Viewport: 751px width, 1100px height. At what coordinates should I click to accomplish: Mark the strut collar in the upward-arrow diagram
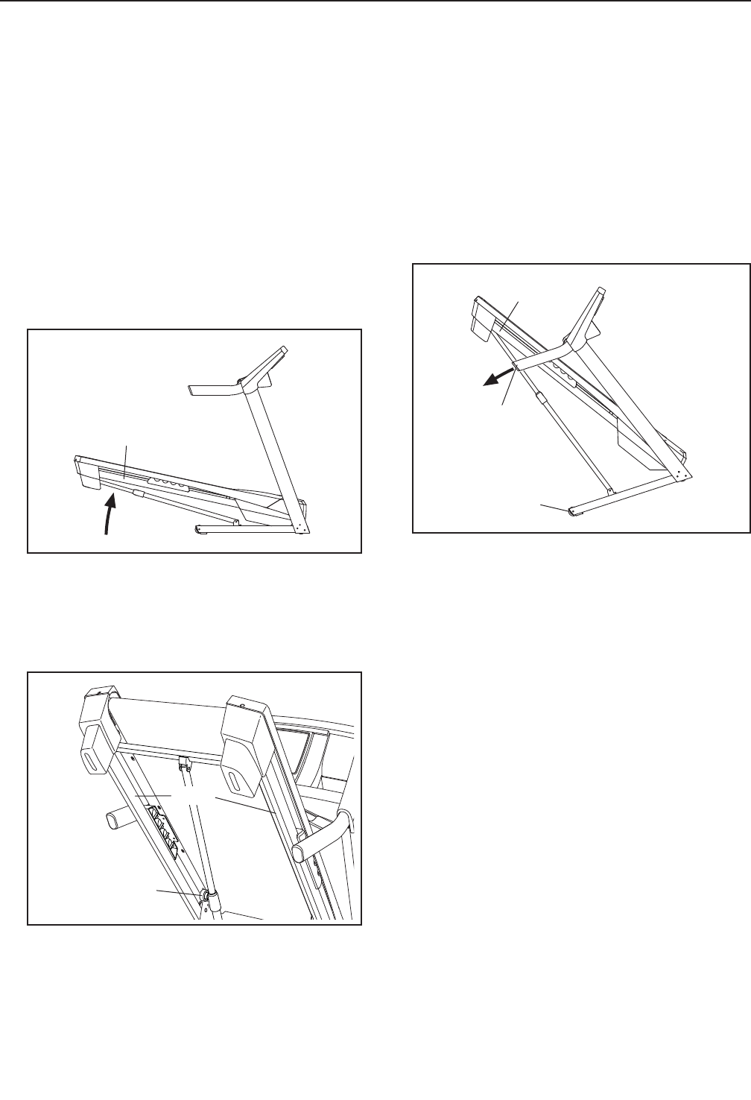click(137, 493)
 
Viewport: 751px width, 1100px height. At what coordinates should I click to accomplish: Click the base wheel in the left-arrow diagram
click(572, 511)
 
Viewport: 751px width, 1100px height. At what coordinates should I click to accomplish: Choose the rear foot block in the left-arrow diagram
click(480, 320)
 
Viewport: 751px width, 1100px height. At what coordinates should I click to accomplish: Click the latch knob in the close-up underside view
click(203, 893)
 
